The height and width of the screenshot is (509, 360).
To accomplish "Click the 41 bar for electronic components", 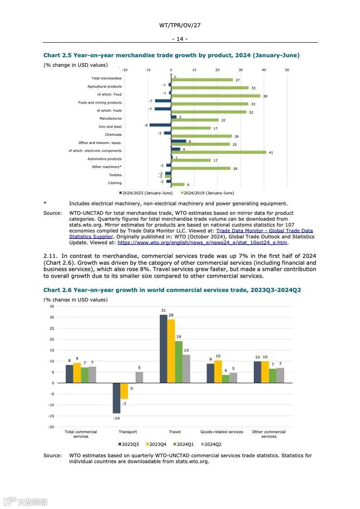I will click(x=218, y=152).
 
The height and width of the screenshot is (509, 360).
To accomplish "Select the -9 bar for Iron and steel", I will click(x=160, y=125).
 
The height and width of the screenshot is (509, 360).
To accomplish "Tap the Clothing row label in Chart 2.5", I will click(x=114, y=183).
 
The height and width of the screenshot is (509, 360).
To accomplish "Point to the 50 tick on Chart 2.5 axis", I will click(x=287, y=70).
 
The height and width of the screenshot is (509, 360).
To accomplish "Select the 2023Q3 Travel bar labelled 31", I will click(x=163, y=349).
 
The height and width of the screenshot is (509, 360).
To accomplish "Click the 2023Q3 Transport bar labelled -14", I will click(x=117, y=398).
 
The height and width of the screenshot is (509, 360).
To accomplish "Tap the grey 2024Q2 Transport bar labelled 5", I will click(x=139, y=377).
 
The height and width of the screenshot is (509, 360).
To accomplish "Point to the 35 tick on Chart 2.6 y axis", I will click(x=52, y=306).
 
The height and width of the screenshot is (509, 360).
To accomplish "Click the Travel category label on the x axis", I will click(x=175, y=432).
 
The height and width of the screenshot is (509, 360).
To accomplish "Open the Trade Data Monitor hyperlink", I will click(x=265, y=231).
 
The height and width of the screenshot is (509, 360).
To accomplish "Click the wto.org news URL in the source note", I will click(x=202, y=242).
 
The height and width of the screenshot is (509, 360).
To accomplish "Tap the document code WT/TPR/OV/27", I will click(x=180, y=25).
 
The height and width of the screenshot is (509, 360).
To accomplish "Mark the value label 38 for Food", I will click(x=265, y=96).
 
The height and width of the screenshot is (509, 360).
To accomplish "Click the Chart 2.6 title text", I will click(x=172, y=290).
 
